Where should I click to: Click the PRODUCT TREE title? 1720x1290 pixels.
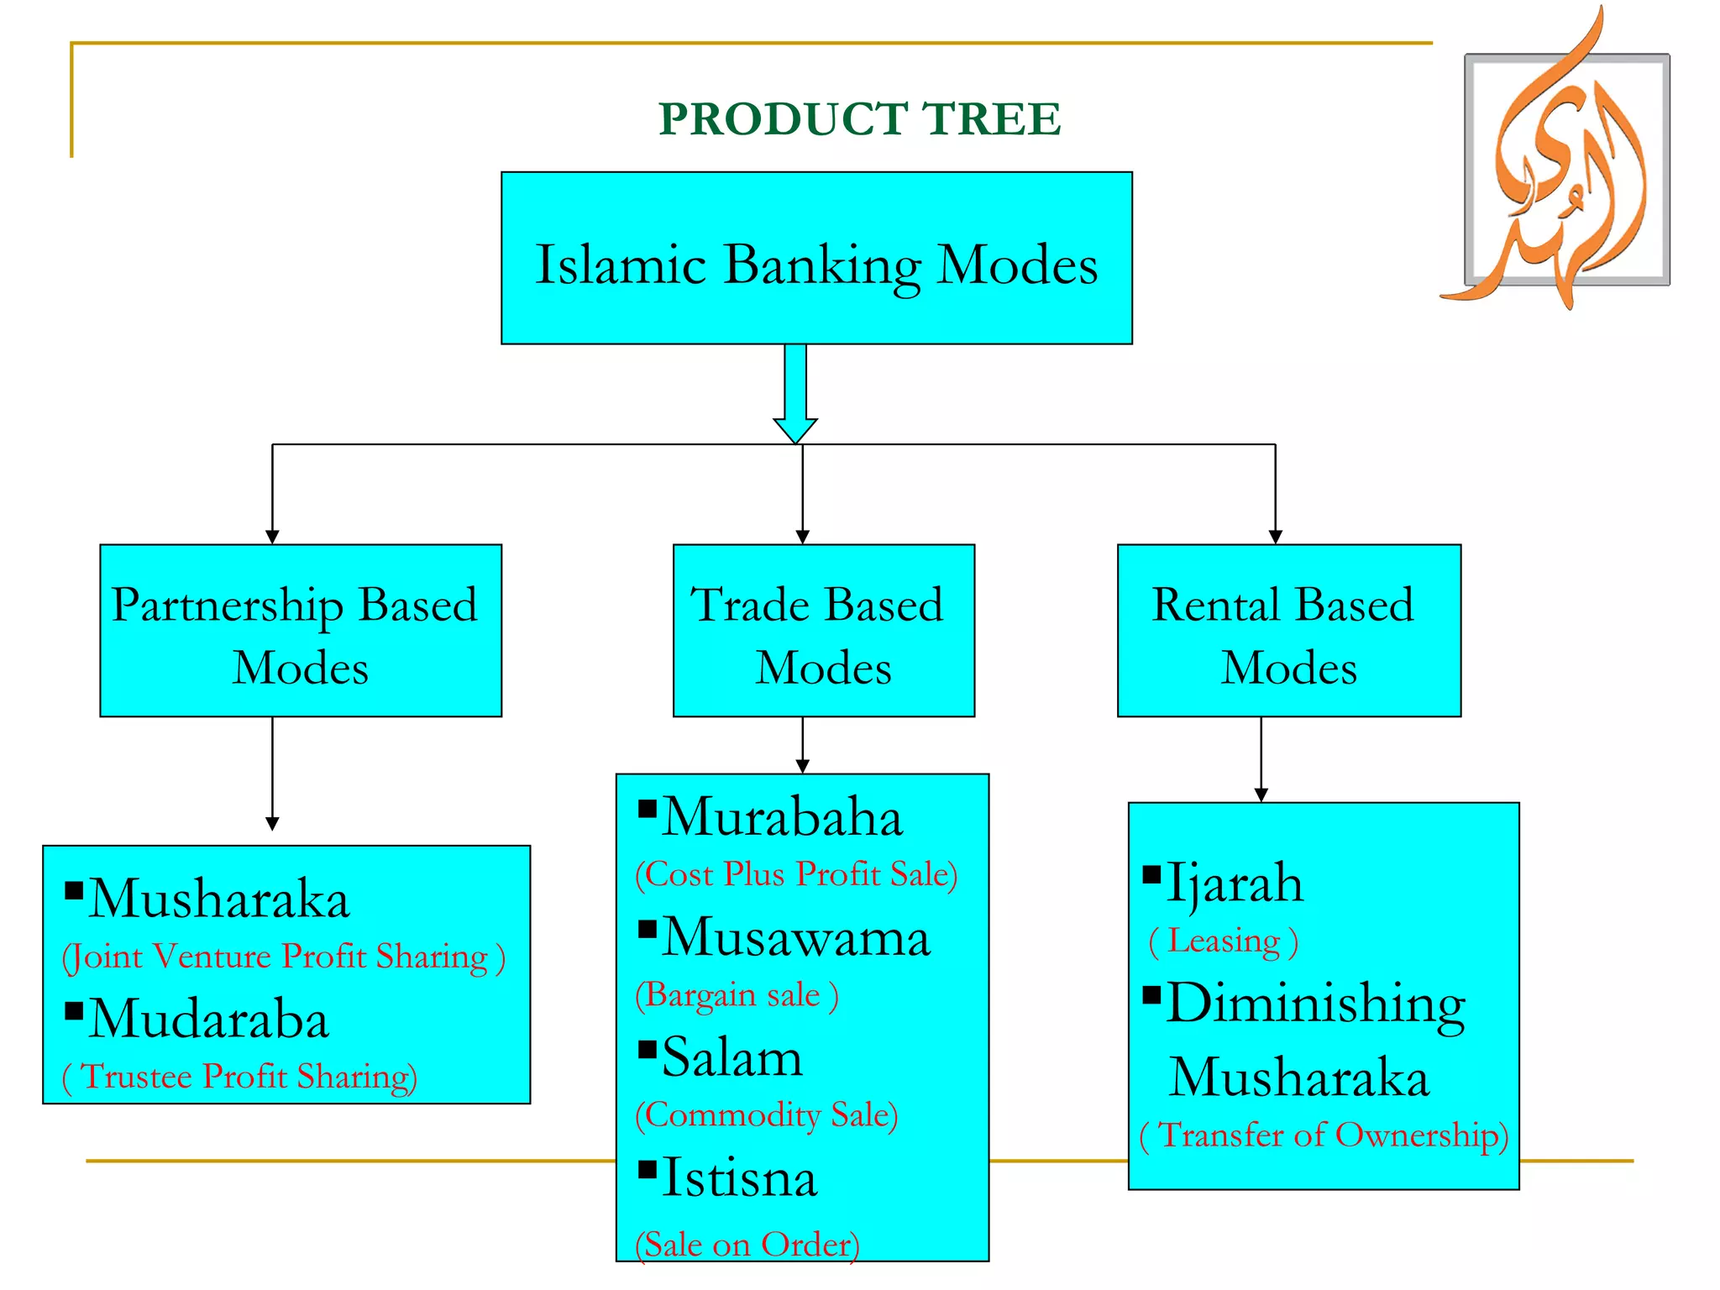859,118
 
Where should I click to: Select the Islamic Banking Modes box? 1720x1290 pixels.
816,259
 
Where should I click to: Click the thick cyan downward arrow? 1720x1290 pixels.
795,391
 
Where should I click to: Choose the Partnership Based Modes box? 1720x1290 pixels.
300,631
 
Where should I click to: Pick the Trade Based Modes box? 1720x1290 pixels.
823,631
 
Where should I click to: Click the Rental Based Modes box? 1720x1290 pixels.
1288,631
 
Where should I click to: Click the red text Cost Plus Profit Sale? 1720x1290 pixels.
796,874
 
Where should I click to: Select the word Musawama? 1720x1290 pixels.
795,937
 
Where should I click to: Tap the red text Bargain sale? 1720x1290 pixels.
737,995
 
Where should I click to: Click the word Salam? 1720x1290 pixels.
732,1057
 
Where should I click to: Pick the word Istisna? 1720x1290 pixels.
739,1178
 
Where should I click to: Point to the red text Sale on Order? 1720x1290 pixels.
747,1244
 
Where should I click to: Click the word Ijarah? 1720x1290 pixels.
1234,884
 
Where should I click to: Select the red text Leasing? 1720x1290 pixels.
1223,941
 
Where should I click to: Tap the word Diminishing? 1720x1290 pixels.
1315,1004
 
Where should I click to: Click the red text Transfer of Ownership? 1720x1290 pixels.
1324,1135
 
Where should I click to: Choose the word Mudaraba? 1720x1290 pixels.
208,1020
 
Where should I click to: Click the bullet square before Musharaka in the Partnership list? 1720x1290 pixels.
75,889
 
